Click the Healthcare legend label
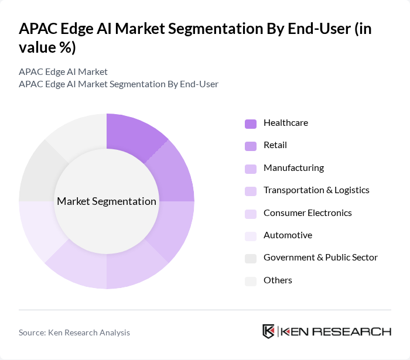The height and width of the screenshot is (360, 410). (x=285, y=123)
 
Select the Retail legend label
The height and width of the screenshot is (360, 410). (x=275, y=145)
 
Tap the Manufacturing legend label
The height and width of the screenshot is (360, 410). (x=293, y=168)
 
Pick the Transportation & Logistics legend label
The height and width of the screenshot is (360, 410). (x=316, y=190)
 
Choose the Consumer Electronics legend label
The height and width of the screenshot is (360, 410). (x=307, y=212)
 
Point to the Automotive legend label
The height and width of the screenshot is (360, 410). (x=288, y=235)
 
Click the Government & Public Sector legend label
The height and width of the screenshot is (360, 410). (x=320, y=258)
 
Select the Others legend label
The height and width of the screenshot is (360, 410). (x=278, y=280)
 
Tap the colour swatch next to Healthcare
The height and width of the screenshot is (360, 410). (x=251, y=124)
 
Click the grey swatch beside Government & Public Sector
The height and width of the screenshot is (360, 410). (x=251, y=258)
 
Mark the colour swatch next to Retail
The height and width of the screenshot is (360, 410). (x=251, y=146)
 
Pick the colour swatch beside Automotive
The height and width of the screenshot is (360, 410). (x=251, y=236)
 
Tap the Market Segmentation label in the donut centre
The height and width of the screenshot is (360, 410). (x=107, y=201)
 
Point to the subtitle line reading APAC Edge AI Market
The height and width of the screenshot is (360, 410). (x=63, y=71)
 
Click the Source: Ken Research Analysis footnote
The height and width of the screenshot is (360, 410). (x=74, y=332)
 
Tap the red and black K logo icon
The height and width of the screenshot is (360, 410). (x=268, y=331)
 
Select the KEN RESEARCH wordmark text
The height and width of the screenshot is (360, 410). (x=336, y=332)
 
